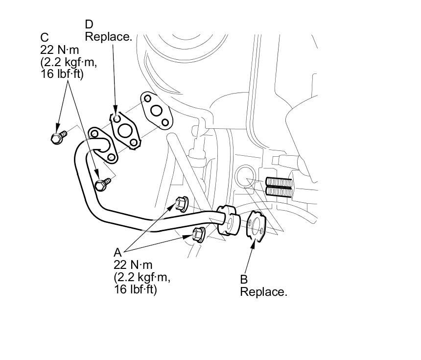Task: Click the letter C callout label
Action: (45, 37)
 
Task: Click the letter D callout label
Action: (89, 24)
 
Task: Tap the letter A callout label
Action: (117, 252)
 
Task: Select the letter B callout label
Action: (243, 280)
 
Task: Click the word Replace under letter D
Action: (109, 37)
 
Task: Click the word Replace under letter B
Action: (263, 292)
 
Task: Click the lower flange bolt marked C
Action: (102, 184)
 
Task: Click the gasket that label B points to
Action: (256, 225)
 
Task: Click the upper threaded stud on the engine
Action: (279, 183)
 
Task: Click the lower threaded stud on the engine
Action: (279, 191)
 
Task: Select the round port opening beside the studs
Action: (246, 176)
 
